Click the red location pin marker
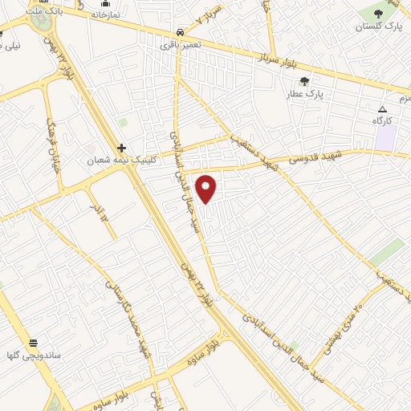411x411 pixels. [x=206, y=188]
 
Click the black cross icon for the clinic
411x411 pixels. [x=121, y=148]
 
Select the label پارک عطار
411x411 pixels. [x=304, y=94]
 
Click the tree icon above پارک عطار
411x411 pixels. [x=304, y=81]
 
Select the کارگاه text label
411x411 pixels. [x=381, y=120]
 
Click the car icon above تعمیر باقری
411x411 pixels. [x=180, y=32]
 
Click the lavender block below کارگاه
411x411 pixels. [x=386, y=138]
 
